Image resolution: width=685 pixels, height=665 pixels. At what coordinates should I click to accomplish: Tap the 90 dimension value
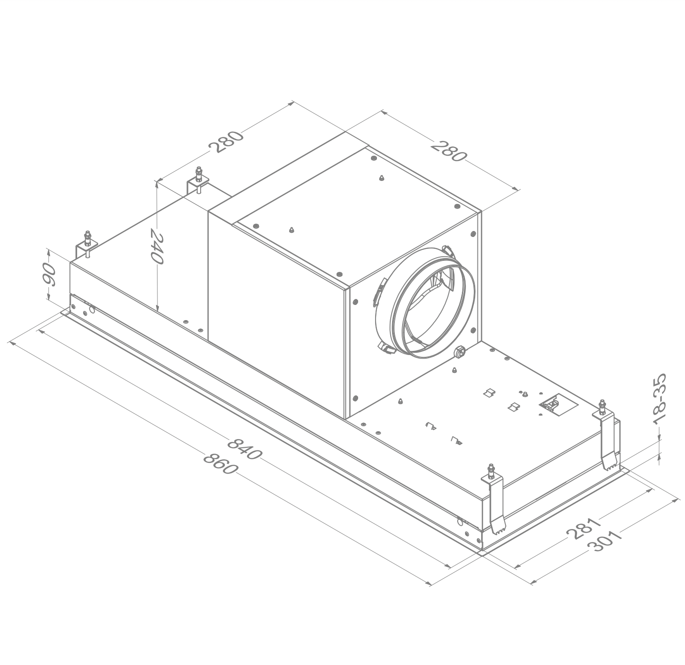49,275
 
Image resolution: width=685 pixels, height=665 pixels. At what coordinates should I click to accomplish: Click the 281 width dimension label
584,528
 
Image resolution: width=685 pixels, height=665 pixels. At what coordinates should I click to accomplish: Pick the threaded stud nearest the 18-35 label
602,406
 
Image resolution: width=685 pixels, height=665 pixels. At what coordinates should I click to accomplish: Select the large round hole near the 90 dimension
92,310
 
